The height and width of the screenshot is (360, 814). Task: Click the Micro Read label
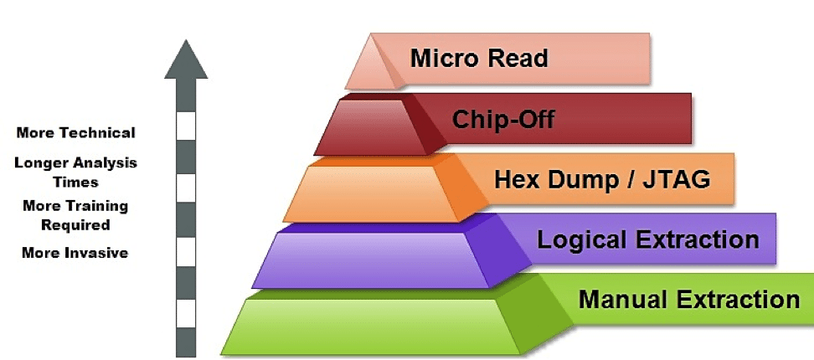tap(478, 59)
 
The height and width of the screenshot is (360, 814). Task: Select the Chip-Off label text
tap(503, 119)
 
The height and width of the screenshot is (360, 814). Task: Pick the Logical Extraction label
tap(647, 240)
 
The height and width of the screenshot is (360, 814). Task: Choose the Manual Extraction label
tap(688, 299)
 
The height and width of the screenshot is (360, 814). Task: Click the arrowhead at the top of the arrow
tap(186, 59)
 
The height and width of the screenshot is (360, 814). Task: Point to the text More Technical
tap(75, 132)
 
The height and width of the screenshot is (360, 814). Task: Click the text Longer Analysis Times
tap(75, 172)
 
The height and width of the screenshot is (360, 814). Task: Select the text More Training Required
tap(75, 214)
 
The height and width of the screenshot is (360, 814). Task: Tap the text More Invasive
tap(75, 252)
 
